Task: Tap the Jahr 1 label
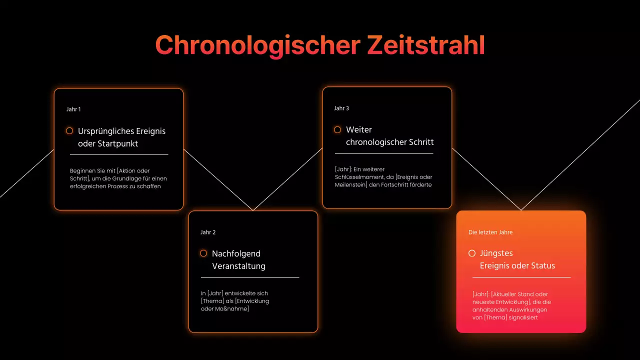pyautogui.click(x=73, y=109)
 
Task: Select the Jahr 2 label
pyautogui.click(x=208, y=232)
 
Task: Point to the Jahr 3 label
pyautogui.click(x=341, y=108)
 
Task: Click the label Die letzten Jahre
pyautogui.click(x=490, y=232)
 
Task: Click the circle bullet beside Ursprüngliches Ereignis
pyautogui.click(x=69, y=130)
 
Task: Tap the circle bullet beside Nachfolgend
pyautogui.click(x=203, y=253)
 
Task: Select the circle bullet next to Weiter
pyautogui.click(x=337, y=129)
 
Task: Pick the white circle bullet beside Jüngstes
pyautogui.click(x=472, y=253)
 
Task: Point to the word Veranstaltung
pyautogui.click(x=238, y=266)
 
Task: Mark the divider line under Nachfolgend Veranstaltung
pyautogui.click(x=250, y=277)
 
